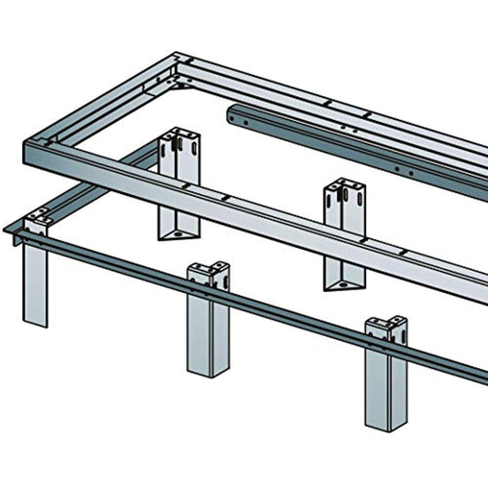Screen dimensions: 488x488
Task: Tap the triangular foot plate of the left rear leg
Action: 173,233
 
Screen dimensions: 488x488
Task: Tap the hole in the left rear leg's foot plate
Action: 173,234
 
